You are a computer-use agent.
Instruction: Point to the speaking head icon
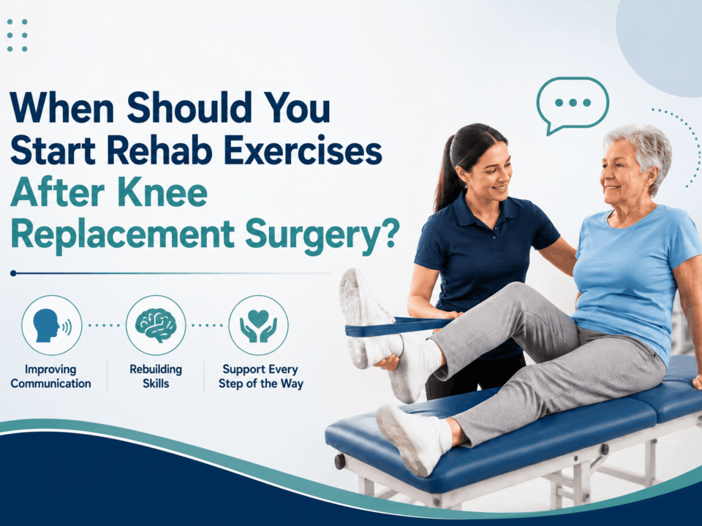pyautogui.click(x=52, y=325)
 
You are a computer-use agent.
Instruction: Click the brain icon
pyautogui.click(x=156, y=325)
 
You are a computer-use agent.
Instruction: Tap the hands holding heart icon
pyautogui.click(x=258, y=326)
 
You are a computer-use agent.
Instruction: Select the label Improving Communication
pyautogui.click(x=50, y=377)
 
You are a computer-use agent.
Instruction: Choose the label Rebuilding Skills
pyautogui.click(x=156, y=377)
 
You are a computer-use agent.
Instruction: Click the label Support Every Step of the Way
pyautogui.click(x=260, y=377)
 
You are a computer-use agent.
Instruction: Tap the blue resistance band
pyautogui.click(x=399, y=327)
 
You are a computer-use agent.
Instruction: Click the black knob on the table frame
pyautogui.click(x=340, y=461)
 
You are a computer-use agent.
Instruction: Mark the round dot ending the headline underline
pyautogui.click(x=13, y=272)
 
